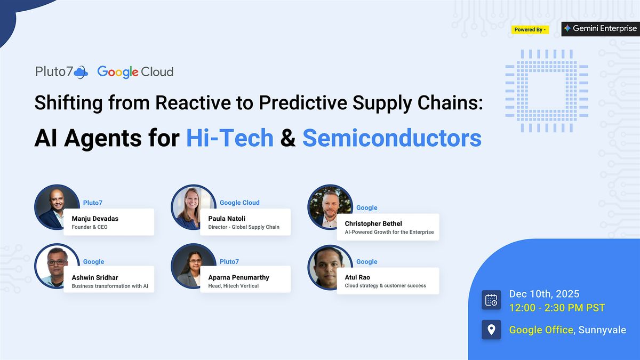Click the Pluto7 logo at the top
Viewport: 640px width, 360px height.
(x=61, y=71)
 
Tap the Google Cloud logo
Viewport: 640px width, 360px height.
(x=135, y=72)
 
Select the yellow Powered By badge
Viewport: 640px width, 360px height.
(x=530, y=29)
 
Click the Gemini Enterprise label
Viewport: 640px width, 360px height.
(x=600, y=29)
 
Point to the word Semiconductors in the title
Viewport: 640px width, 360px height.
(x=391, y=138)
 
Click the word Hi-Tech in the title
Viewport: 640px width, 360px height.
(x=229, y=138)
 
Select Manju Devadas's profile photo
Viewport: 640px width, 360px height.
(x=57, y=207)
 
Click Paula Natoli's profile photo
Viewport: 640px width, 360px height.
(x=193, y=207)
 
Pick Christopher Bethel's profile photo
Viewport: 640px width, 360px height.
(x=330, y=207)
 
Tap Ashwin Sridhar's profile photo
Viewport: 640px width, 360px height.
(x=57, y=266)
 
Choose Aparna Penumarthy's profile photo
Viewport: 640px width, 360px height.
(x=193, y=266)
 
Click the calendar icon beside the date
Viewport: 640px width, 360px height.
(x=491, y=300)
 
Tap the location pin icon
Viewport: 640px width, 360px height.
(x=491, y=329)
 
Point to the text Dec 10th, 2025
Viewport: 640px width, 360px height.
(x=544, y=294)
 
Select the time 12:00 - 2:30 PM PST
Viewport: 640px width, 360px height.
(x=557, y=308)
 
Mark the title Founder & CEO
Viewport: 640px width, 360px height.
(x=90, y=227)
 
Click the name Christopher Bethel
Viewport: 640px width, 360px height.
(x=373, y=223)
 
